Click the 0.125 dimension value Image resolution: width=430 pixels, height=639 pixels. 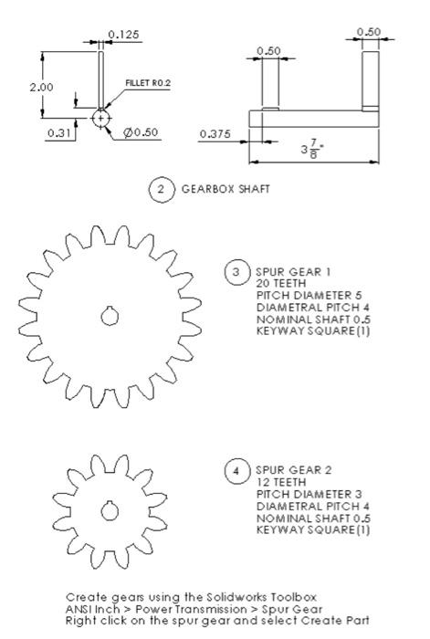coord(123,35)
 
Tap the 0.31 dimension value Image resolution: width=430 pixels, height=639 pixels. coord(57,133)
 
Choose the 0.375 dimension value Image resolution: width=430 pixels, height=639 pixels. coord(215,133)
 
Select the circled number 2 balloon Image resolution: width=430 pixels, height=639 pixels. coord(162,192)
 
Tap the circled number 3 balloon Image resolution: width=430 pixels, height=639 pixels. coord(236,273)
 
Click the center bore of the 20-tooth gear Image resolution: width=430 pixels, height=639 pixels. coord(110,316)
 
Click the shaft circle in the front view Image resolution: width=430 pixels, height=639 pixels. coord(100,119)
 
